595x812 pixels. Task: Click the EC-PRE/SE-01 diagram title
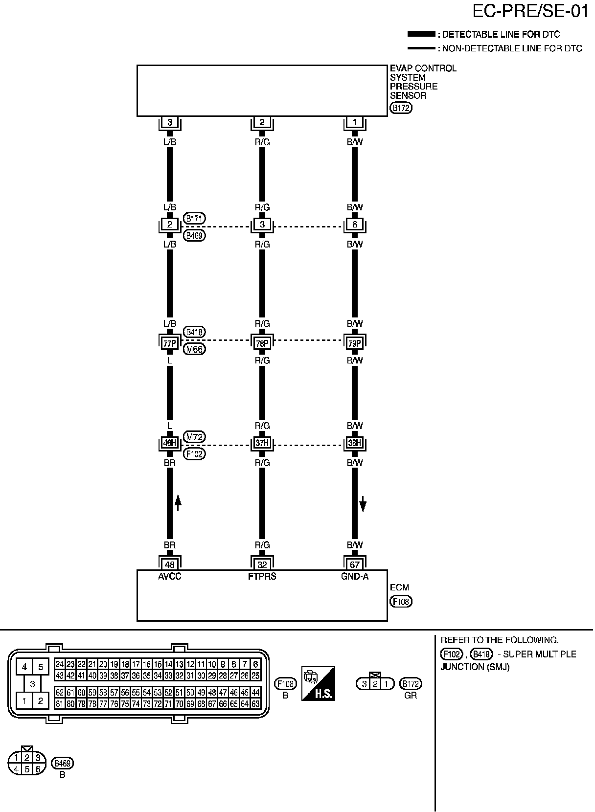530,11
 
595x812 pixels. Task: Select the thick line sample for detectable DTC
421,34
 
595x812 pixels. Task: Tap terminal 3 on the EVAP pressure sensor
170,122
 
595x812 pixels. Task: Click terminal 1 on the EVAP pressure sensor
354,122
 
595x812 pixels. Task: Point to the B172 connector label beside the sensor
401,108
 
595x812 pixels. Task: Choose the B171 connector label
194,218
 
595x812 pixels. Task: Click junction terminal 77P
170,343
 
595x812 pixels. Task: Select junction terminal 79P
354,343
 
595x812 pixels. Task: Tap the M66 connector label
194,349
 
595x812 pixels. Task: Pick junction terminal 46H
170,444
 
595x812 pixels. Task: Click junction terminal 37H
262,444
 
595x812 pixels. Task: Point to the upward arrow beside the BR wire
178,502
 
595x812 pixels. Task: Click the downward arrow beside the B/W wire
363,503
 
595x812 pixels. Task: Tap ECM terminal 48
170,564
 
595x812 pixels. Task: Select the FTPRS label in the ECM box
262,577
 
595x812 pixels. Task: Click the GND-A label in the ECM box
354,577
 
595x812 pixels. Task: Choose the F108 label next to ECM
401,602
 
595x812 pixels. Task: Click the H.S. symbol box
318,683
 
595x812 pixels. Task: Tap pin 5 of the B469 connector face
27,769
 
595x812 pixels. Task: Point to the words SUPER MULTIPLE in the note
540,654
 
